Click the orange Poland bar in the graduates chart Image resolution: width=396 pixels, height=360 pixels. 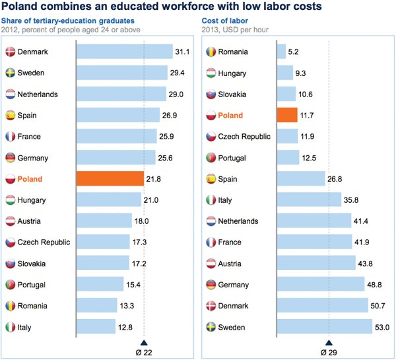[110, 179]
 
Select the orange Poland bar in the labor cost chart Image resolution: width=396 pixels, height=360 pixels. [288, 115]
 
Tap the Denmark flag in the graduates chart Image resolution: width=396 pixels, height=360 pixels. [11, 52]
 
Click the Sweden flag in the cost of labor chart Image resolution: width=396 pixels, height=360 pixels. [212, 327]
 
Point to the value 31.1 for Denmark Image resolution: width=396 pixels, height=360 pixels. [183, 52]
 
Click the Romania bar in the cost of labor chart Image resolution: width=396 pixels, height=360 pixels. [281, 52]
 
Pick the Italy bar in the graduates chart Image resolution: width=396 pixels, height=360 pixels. [96, 327]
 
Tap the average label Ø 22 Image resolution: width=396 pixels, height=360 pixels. [144, 352]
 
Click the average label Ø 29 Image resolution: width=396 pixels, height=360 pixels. [329, 352]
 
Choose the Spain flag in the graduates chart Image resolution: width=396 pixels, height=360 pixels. [11, 115]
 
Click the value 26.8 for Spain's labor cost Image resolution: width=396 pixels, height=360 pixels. [336, 179]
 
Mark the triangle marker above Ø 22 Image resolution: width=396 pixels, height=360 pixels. [144, 342]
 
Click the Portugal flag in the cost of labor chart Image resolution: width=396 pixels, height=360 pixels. [212, 157]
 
